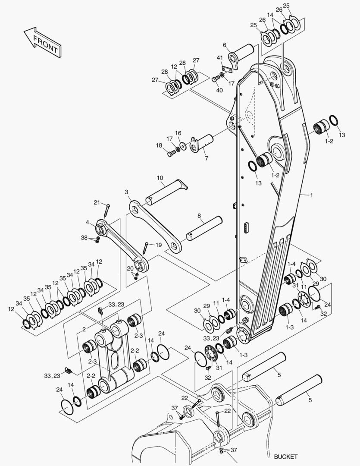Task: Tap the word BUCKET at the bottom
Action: [285, 457]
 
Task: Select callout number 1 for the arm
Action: [311, 195]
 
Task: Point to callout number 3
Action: [126, 192]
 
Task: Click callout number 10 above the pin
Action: [160, 178]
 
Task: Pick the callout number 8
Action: [199, 216]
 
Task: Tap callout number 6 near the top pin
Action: [225, 44]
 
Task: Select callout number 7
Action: [206, 158]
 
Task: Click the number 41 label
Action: [219, 58]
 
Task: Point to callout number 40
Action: [219, 90]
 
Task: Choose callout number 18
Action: [159, 145]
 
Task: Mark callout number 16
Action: [178, 133]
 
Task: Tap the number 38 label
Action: [85, 237]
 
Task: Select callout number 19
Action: [158, 245]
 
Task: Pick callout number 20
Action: [130, 268]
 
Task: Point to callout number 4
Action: [87, 223]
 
